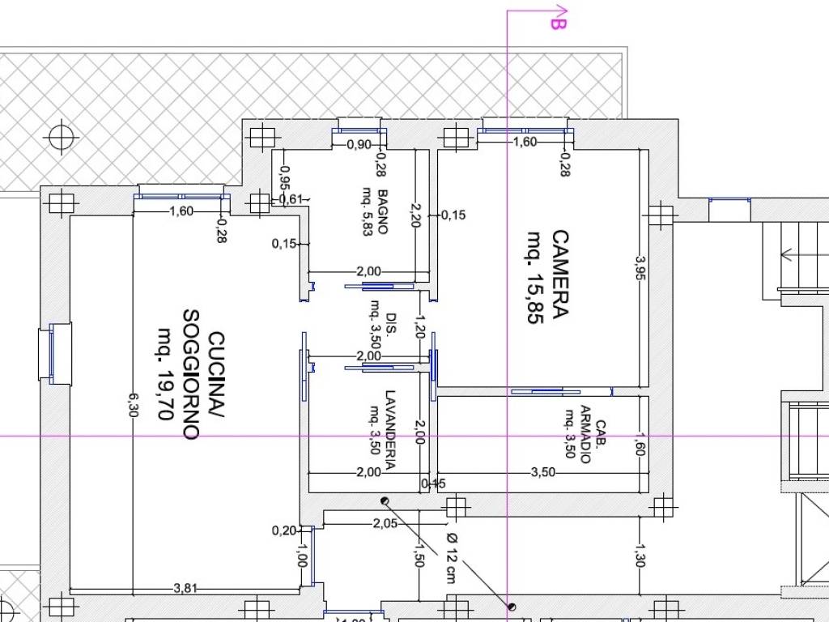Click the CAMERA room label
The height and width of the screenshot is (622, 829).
(x=560, y=274)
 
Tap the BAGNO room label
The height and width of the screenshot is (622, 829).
(x=383, y=211)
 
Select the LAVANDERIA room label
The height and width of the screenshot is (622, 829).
(x=390, y=430)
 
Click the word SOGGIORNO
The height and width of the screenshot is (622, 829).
(x=191, y=374)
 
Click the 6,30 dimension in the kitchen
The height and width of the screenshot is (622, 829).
(x=133, y=405)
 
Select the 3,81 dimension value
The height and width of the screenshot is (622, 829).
(x=185, y=588)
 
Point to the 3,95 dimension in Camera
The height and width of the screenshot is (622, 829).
(x=640, y=268)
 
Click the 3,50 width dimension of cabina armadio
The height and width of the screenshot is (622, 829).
(x=543, y=472)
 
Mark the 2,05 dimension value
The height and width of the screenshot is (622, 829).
(x=385, y=523)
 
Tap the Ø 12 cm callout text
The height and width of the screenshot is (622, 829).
(x=451, y=558)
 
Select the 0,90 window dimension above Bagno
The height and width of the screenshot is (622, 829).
(x=359, y=144)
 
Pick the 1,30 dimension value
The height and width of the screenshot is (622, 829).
(x=640, y=556)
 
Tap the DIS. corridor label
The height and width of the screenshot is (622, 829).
(x=391, y=320)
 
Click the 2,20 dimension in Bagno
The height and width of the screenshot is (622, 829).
(x=415, y=215)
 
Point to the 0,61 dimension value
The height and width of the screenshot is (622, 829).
(x=291, y=199)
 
